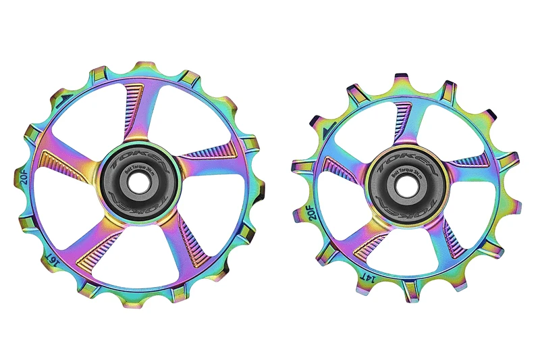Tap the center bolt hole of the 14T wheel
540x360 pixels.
coord(404,184)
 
